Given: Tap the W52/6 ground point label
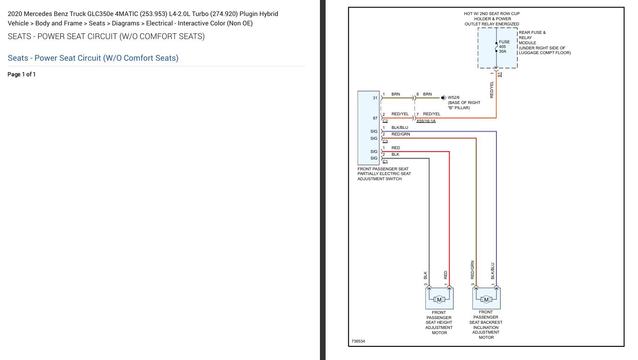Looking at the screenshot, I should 454,97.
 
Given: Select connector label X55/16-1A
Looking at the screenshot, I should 426,121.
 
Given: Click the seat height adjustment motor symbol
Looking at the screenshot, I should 439,299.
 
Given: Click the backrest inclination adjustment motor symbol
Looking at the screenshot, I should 486,299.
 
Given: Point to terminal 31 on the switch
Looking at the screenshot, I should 375,98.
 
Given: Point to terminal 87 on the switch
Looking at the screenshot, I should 375,118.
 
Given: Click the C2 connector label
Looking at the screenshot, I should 385,121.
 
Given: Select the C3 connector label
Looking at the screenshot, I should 385,141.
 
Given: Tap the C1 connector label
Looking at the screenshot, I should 385,161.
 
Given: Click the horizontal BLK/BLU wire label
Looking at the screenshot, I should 399,128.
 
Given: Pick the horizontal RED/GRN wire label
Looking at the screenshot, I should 400,134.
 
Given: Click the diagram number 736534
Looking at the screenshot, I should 358,341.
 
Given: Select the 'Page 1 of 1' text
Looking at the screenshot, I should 22,74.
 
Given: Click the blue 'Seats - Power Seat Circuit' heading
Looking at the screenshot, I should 93,58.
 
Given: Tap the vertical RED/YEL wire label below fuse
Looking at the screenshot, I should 492,89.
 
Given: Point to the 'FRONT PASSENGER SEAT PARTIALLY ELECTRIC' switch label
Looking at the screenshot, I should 383,174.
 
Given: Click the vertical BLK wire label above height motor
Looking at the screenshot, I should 425,274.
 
